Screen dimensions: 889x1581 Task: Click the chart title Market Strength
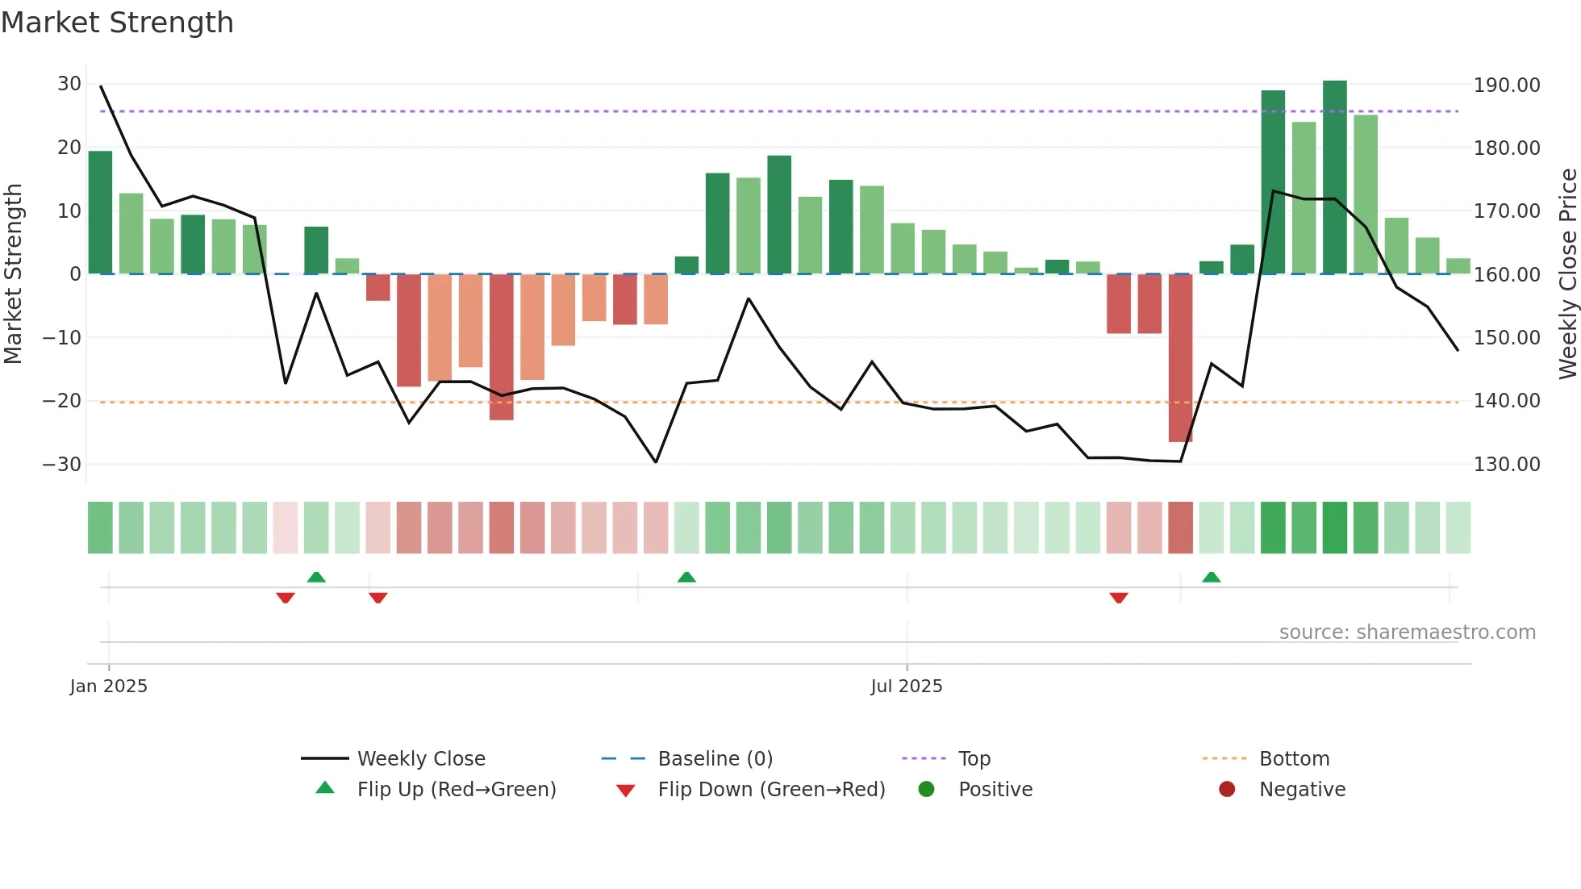117,23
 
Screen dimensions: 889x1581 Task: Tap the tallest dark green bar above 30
1334,177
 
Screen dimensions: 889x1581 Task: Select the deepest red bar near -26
1180,358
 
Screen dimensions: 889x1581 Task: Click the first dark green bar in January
100,213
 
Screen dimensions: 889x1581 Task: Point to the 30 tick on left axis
69,84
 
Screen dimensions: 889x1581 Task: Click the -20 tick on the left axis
62,401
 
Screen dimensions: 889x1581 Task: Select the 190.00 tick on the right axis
1506,85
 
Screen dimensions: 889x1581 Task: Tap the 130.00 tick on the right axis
1506,464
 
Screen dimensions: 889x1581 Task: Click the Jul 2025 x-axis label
906,687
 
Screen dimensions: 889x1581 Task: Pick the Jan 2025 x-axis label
109,687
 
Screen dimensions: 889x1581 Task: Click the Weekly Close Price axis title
1567,273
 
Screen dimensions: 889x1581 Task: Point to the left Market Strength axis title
14,273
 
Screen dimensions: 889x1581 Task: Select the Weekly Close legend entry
420,759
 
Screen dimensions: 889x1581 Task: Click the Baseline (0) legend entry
715,759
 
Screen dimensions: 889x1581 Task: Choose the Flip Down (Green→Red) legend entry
770,790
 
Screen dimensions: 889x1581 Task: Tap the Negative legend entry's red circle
1226,790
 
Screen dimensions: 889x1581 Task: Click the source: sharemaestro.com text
1407,632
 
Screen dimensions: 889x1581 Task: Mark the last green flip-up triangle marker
1211,578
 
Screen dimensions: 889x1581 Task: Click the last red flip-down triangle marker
1118,597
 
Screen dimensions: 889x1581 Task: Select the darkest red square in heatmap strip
1180,528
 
